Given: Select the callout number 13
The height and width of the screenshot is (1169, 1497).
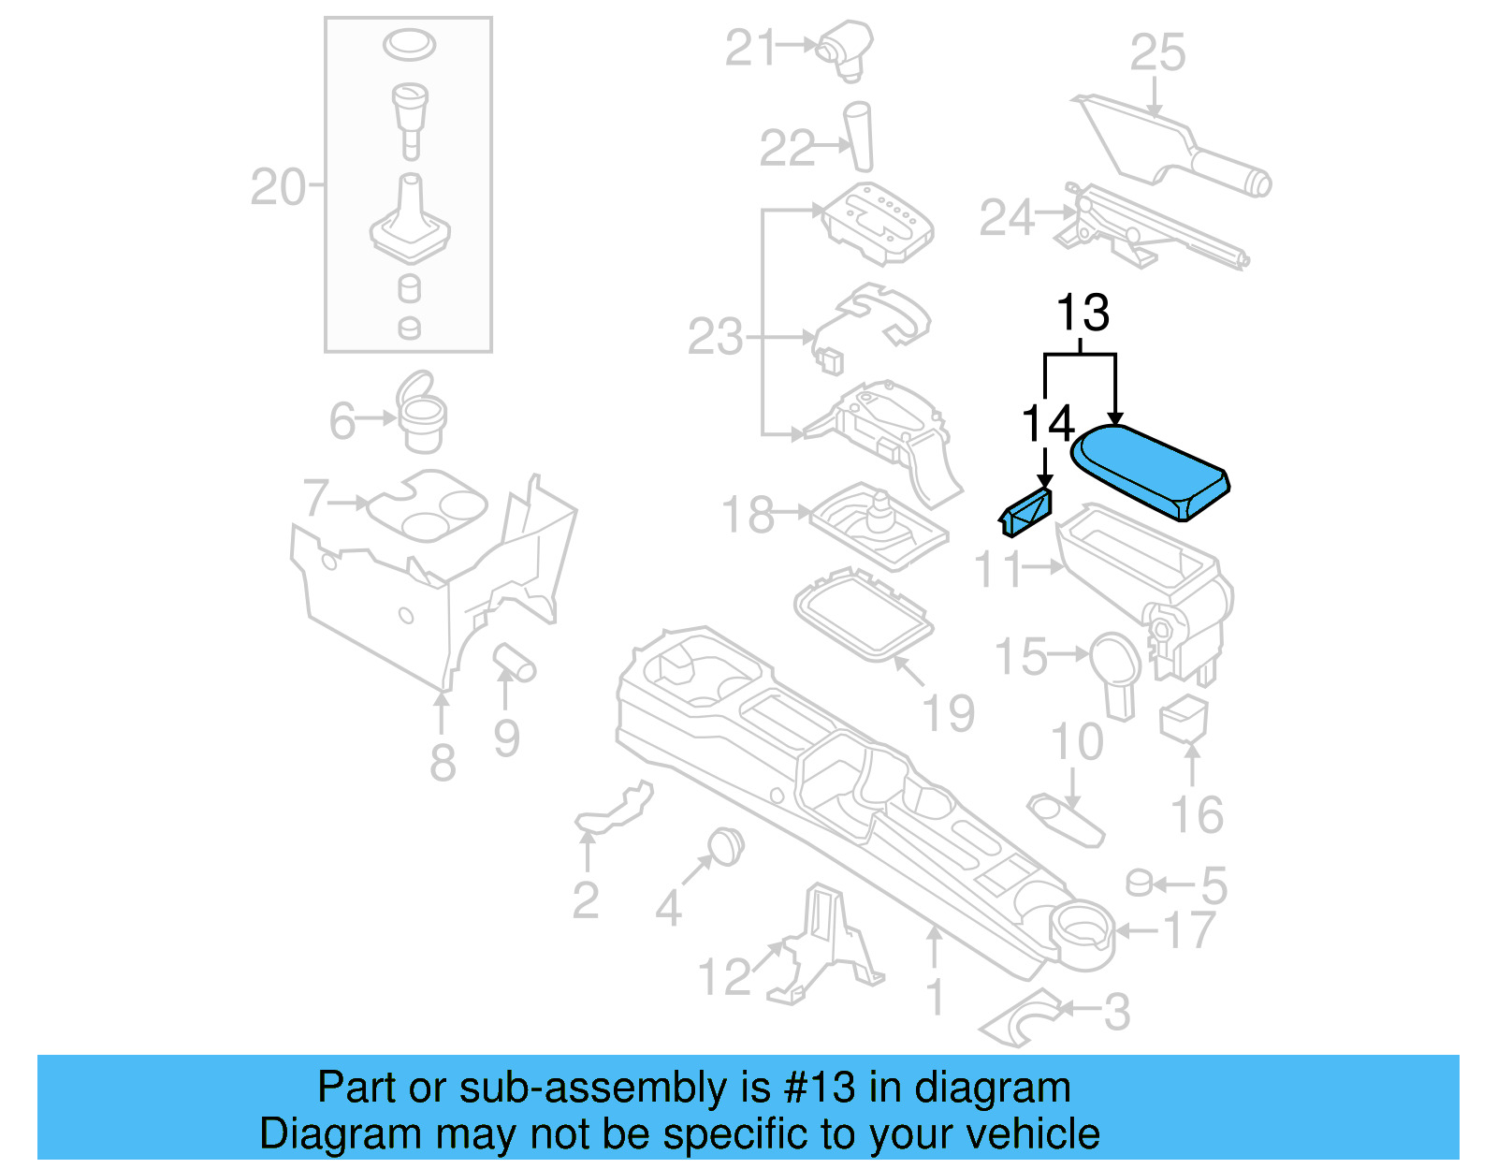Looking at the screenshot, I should (1083, 313).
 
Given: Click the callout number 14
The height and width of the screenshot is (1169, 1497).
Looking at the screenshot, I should (1047, 424).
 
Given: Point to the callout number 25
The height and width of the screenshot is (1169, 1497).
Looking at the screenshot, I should (1157, 52).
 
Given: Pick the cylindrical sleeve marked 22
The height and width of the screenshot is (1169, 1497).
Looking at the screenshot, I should (859, 137).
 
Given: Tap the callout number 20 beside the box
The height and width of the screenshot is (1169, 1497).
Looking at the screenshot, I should (278, 187).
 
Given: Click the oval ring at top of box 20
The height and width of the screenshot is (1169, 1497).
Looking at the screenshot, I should (409, 43).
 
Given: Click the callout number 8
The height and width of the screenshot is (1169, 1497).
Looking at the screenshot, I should (443, 762).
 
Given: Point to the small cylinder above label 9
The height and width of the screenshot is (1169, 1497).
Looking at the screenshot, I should (514, 661).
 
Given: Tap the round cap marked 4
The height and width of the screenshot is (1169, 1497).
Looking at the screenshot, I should (725, 845).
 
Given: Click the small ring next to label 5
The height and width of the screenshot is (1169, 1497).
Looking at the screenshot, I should (1138, 883).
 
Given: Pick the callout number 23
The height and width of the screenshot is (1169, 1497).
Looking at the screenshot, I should (716, 337).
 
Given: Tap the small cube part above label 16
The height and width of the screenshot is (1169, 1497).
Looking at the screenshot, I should (1184, 719).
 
